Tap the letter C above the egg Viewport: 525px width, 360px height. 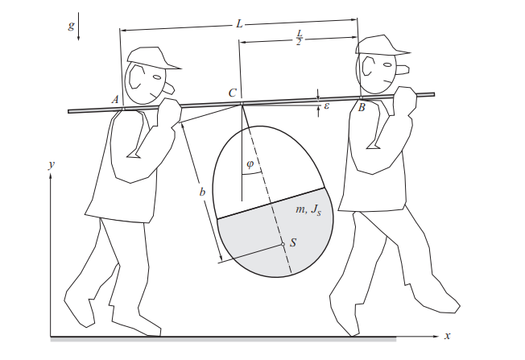pos(232,93)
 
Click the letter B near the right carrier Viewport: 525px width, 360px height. pos(362,107)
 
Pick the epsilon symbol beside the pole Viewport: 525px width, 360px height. pos(326,105)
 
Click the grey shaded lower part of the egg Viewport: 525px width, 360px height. pos(266,242)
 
